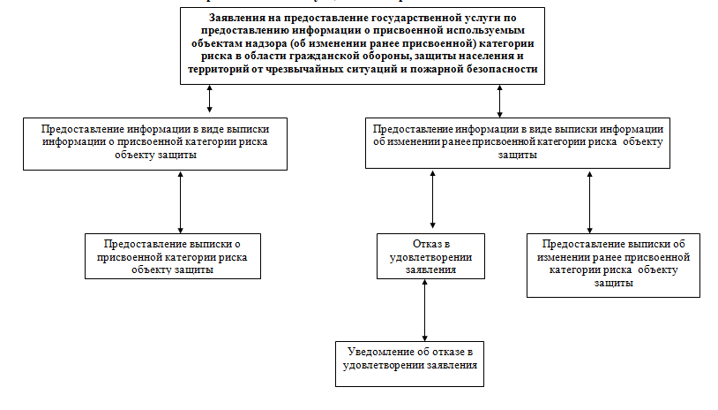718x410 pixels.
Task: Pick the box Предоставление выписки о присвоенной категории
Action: [172, 257]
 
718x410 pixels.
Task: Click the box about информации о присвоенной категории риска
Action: [154, 141]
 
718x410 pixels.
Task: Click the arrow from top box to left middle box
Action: [209, 100]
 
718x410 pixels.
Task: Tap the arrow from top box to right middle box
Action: [500, 100]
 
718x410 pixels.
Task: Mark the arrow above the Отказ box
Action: [432, 201]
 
